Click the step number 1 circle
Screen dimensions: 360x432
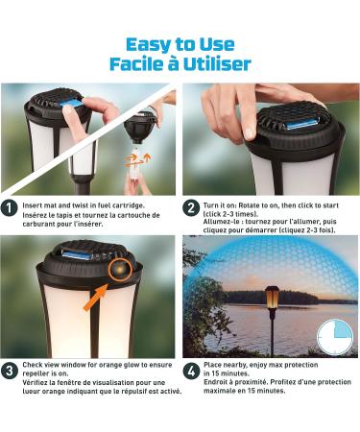[x=9, y=208]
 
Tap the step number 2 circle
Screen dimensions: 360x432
[x=191, y=208]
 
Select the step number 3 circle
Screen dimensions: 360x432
[x=9, y=372]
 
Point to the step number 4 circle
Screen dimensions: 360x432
[x=191, y=372]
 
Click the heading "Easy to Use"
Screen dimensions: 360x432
[x=180, y=44]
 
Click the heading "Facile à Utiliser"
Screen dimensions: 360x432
[x=180, y=63]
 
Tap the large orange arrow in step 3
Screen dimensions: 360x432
[x=95, y=298]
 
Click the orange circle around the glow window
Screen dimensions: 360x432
[x=120, y=270]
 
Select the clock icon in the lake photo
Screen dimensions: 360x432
[x=335, y=337]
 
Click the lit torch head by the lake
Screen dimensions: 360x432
[x=273, y=298]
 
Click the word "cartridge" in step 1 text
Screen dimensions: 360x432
[x=128, y=205]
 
